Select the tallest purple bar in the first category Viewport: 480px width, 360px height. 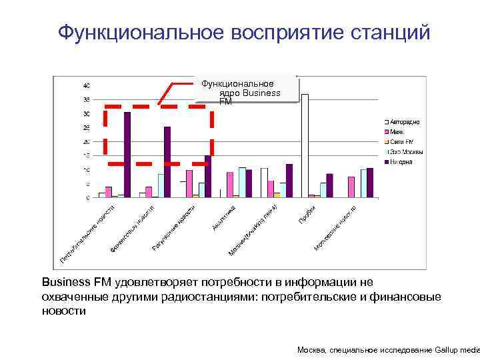(127, 155)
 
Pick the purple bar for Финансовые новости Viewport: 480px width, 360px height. (167, 162)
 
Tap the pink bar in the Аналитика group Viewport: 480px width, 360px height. (230, 185)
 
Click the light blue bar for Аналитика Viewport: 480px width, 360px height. (242, 182)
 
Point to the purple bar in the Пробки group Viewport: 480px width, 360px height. (329, 185)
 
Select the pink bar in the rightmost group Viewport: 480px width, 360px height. (351, 187)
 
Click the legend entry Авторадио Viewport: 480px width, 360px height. (404, 122)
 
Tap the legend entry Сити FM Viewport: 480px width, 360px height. (401, 142)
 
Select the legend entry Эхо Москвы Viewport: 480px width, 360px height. (406, 152)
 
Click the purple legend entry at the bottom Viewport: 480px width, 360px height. (402, 162)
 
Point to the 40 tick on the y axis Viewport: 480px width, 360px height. (87, 86)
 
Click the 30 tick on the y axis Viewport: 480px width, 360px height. (87, 114)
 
